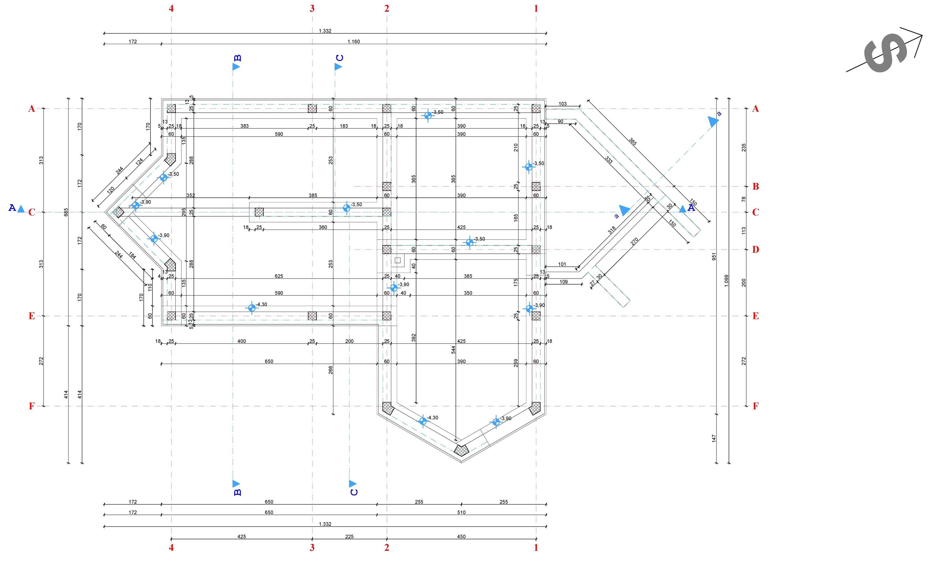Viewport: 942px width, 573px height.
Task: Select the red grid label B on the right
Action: [756, 187]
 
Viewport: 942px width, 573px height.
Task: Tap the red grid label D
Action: [756, 250]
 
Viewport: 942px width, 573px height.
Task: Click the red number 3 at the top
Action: [312, 8]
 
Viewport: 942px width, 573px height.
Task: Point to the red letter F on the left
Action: [32, 406]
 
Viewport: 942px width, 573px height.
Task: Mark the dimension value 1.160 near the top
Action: [353, 42]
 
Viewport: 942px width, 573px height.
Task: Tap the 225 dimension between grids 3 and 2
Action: [350, 537]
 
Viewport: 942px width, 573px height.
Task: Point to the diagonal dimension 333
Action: [609, 160]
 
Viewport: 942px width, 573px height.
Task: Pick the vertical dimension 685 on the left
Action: [66, 212]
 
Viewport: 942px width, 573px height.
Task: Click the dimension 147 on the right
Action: [714, 439]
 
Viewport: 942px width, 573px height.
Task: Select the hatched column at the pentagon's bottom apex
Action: [461, 450]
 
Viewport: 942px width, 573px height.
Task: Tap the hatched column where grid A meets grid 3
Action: [312, 109]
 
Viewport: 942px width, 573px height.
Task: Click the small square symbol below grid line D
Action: [398, 260]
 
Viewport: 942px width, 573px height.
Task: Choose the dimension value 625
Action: [279, 276]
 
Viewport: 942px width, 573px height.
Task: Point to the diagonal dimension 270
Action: [634, 242]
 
